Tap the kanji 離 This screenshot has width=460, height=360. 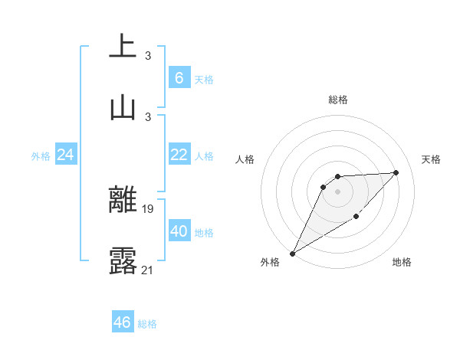tap(123, 199)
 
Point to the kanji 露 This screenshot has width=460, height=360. tap(123, 260)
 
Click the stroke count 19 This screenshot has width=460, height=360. tap(149, 208)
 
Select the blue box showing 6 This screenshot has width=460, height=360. tap(179, 77)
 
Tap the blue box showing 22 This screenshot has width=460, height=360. tap(179, 155)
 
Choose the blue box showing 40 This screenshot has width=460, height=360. tap(179, 231)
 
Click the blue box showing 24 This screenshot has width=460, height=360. tap(66, 155)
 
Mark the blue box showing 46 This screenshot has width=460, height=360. tap(123, 322)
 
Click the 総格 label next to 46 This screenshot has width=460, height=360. tap(147, 324)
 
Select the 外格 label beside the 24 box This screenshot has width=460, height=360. tap(41, 156)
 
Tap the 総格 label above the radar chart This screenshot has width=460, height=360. tap(338, 100)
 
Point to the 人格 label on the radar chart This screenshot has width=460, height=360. tap(245, 159)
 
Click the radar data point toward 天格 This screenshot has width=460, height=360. tap(396, 172)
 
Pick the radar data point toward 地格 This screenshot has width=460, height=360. tap(356, 216)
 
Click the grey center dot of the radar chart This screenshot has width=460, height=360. tap(338, 191)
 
